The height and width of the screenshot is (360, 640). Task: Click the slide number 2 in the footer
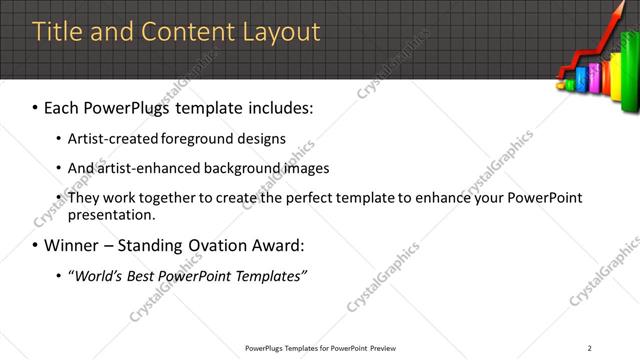point(590,348)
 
